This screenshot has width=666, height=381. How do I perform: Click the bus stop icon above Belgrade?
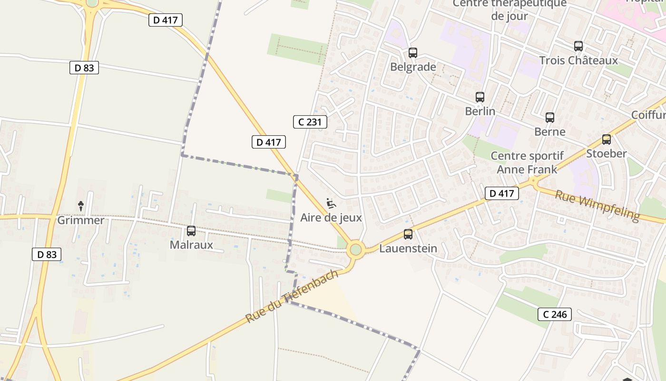pos(413,53)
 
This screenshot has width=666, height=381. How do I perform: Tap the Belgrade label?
pos(413,67)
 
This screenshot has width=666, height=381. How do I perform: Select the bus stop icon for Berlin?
pos(480,97)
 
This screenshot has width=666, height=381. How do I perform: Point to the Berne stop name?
pos(550,131)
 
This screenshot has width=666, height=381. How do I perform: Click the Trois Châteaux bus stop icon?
pos(578,46)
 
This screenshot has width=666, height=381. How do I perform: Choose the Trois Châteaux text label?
pos(578,60)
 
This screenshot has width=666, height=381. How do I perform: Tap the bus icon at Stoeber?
pos(607,140)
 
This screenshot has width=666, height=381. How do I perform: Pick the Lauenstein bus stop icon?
pos(408,234)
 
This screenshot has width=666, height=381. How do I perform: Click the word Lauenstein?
pos(408,248)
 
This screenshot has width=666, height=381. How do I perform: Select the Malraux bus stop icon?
pos(191,231)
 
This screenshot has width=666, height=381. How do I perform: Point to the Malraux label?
pos(191,245)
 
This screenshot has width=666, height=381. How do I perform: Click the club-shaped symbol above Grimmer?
pos(81,206)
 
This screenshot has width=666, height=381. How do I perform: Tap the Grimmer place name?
pos(81,220)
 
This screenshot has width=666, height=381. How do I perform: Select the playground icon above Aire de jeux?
pos(332,203)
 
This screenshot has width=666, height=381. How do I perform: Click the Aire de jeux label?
pos(331,218)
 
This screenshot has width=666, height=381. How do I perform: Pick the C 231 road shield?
pos(310,122)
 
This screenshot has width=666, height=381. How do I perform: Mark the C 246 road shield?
pos(555,314)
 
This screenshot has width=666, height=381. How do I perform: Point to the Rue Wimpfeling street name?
pos(597,205)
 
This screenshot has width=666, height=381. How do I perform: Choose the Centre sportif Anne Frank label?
pos(527,162)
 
